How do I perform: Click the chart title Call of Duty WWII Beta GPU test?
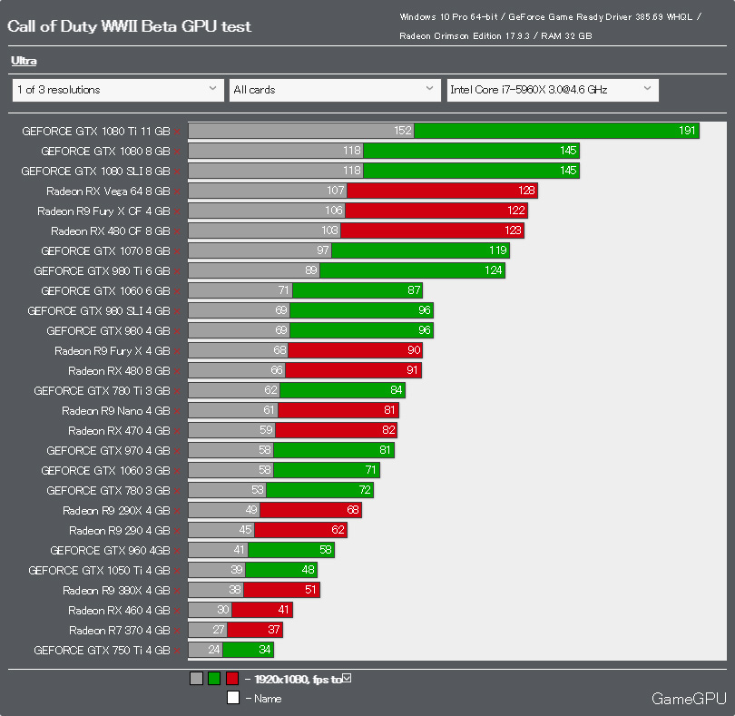coord(129,26)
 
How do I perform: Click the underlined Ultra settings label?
coord(24,61)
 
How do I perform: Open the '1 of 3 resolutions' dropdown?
coord(117,90)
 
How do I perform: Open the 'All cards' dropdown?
coord(335,90)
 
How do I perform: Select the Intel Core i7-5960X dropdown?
coord(552,90)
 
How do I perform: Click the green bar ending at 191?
coord(556,131)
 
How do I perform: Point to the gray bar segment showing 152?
coord(301,131)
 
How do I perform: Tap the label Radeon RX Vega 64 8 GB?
coord(108,191)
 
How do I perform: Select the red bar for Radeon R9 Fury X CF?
coord(436,211)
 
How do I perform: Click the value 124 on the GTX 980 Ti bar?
coord(493,270)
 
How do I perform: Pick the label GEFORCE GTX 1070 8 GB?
coord(105,250)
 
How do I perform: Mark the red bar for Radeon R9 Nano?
coord(338,410)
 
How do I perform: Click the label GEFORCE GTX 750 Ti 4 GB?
coord(102,650)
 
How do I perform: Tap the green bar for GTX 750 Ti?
coord(248,650)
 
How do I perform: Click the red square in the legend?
coord(232,678)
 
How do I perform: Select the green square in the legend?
coord(214,678)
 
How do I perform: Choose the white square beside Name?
coord(233,698)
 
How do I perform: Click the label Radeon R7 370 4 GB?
coord(119,630)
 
